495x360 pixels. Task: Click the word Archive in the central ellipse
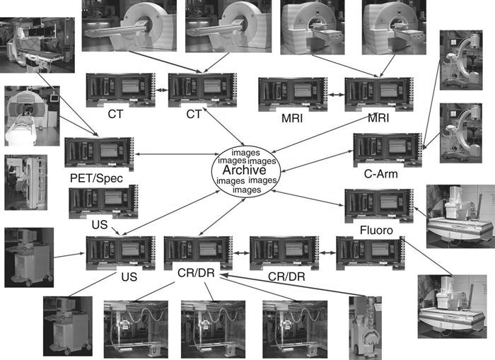(245, 170)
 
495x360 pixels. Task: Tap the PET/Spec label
(96, 178)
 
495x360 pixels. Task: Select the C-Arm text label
(380, 174)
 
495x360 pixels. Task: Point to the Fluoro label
(376, 230)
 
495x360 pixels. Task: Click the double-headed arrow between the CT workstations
(161, 90)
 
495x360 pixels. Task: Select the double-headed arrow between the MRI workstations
(336, 95)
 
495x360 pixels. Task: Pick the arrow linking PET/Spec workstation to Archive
(177, 154)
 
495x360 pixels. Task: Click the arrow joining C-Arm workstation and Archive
(317, 161)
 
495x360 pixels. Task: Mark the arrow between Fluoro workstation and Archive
(308, 198)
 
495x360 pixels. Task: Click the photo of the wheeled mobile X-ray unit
(366, 327)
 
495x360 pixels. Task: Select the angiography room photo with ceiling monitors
(37, 45)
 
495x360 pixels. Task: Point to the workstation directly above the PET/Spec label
(99, 153)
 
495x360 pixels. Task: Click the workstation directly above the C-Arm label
(388, 150)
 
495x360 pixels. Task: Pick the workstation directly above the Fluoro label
(379, 206)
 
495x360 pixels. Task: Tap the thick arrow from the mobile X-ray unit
(293, 286)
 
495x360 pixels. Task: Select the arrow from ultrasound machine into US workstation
(69, 255)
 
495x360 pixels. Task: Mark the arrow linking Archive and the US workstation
(171, 213)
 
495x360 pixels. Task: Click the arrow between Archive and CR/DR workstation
(222, 217)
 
